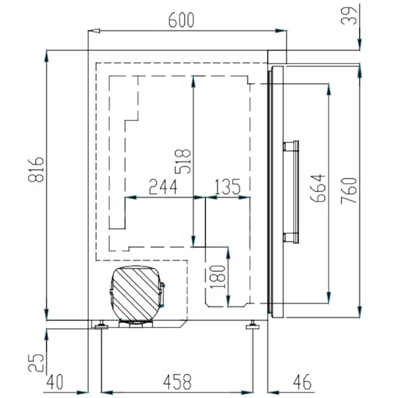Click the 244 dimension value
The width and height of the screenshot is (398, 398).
(163, 187)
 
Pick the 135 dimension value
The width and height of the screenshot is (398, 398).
(228, 187)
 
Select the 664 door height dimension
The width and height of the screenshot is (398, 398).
(318, 188)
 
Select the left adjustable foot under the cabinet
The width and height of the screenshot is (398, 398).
(100, 324)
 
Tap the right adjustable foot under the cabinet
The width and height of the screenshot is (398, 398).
(253, 324)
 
